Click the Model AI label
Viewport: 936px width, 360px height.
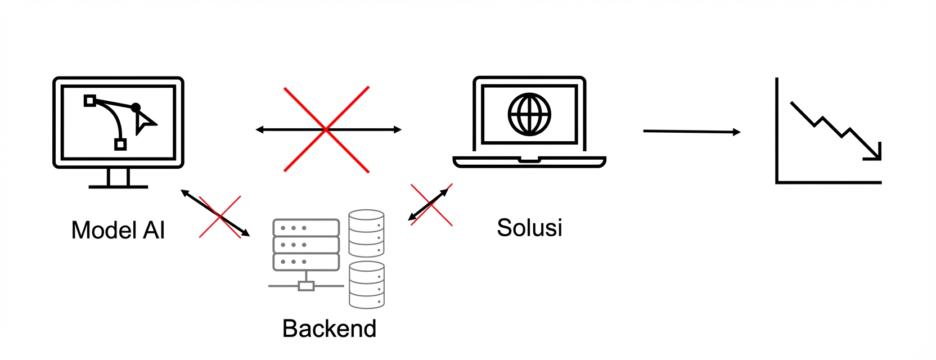[x=118, y=230]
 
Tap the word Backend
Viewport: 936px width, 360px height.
[x=329, y=328]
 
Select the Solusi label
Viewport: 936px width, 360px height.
[x=529, y=227]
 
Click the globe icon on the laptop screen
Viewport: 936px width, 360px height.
[x=529, y=114]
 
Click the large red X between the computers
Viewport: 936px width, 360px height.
[x=327, y=129]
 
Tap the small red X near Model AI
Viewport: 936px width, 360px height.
[x=220, y=217]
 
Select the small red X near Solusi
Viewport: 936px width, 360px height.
[x=431, y=205]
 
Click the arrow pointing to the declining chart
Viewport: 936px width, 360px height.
[x=691, y=132]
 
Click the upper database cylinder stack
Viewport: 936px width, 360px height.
[x=367, y=233]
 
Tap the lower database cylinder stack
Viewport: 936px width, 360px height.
[x=367, y=284]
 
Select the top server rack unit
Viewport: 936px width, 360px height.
[x=306, y=228]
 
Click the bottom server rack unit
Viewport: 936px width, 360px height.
[x=306, y=262]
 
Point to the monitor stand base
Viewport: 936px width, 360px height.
[x=118, y=186]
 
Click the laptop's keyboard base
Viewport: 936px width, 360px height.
[x=529, y=162]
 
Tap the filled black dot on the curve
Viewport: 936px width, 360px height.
[x=136, y=107]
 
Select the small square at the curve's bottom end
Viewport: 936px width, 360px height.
[x=120, y=145]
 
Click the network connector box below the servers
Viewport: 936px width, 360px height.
[x=306, y=286]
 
